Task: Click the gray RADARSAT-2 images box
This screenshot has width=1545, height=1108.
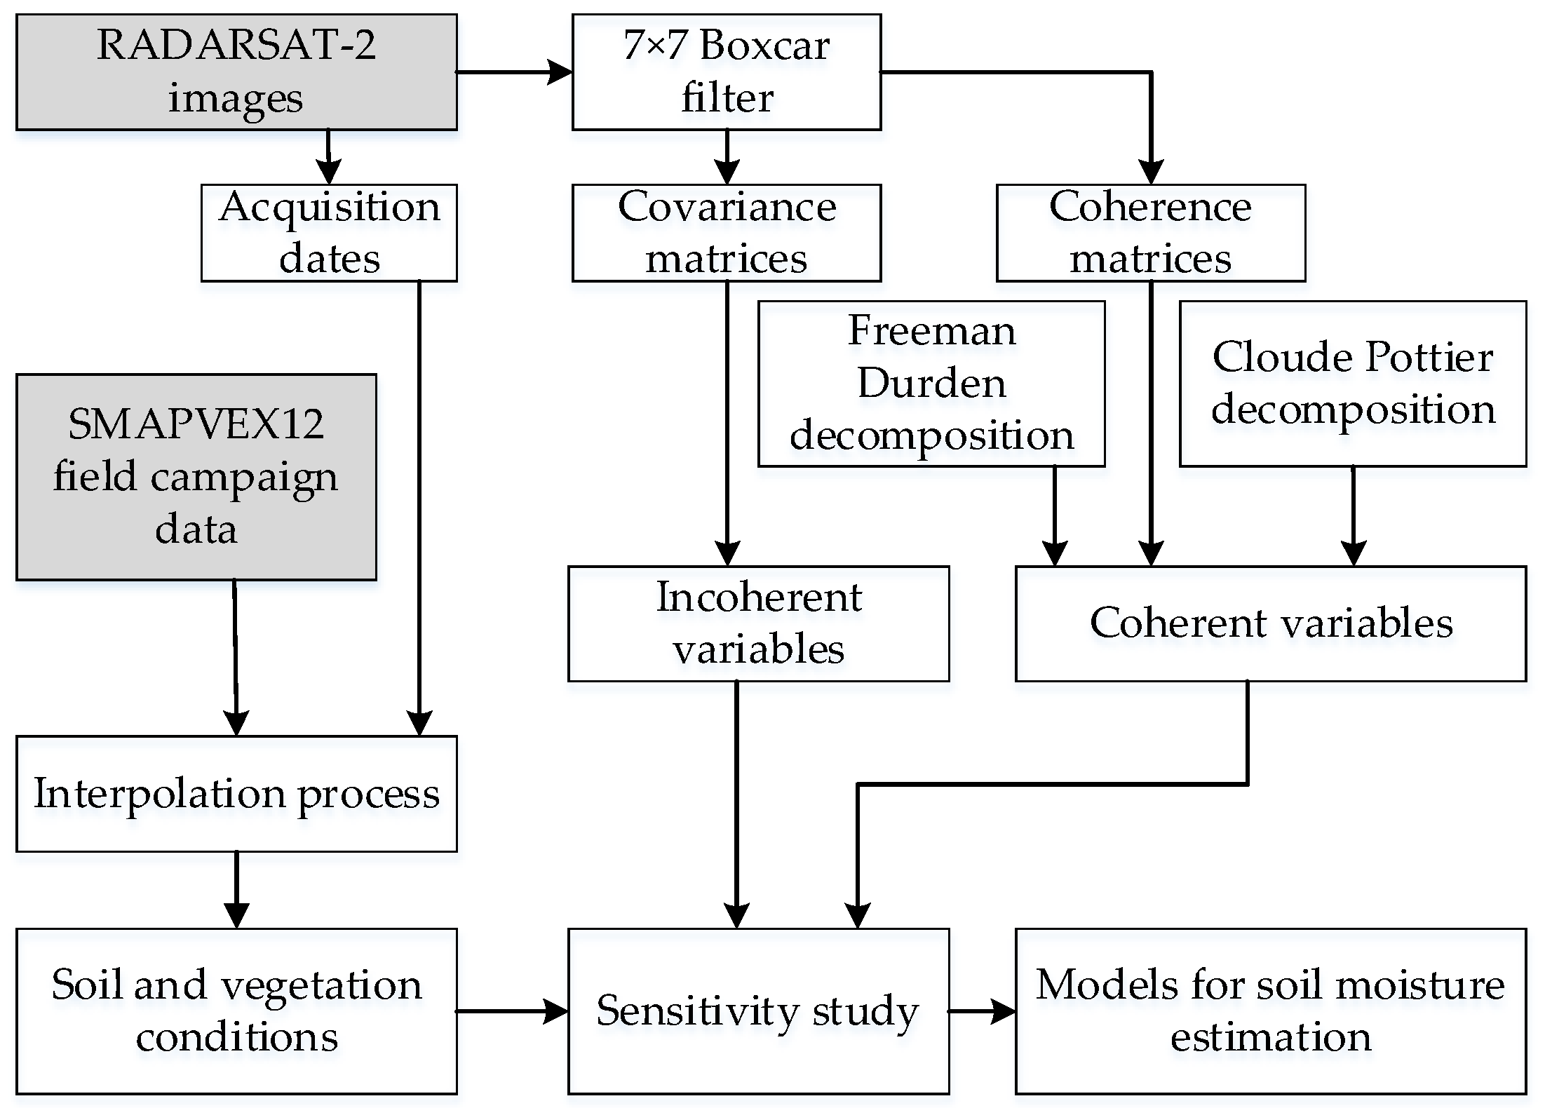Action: (x=236, y=72)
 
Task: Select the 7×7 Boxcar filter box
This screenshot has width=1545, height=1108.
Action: (x=726, y=72)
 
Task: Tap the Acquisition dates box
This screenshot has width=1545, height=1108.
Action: (x=329, y=233)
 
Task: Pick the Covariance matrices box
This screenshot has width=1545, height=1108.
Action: (x=726, y=233)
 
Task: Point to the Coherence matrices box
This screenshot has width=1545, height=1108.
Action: (x=1150, y=233)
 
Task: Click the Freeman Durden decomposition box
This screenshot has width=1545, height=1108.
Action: (x=931, y=384)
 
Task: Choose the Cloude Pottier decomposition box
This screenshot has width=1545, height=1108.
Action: (x=1352, y=384)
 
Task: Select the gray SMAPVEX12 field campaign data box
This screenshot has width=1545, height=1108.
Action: (x=196, y=477)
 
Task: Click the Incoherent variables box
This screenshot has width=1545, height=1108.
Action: (x=758, y=623)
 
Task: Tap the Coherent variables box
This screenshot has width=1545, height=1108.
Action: (x=1270, y=623)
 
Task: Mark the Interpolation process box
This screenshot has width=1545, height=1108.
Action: (x=236, y=793)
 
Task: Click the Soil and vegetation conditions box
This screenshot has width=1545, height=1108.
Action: (x=236, y=1011)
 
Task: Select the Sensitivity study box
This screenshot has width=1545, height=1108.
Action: (x=758, y=1011)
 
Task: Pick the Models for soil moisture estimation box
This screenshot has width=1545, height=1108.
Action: (x=1270, y=1011)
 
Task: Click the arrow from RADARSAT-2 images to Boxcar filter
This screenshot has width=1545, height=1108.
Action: (x=514, y=72)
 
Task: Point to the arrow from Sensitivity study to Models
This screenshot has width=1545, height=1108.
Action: (x=982, y=1011)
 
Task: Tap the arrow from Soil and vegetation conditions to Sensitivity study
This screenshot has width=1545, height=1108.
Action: (x=512, y=1011)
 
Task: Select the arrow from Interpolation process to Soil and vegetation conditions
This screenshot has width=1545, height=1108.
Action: (x=236, y=889)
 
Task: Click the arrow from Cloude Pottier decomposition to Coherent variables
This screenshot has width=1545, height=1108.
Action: (x=1353, y=515)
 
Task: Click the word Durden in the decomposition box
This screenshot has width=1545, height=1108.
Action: (x=931, y=384)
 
